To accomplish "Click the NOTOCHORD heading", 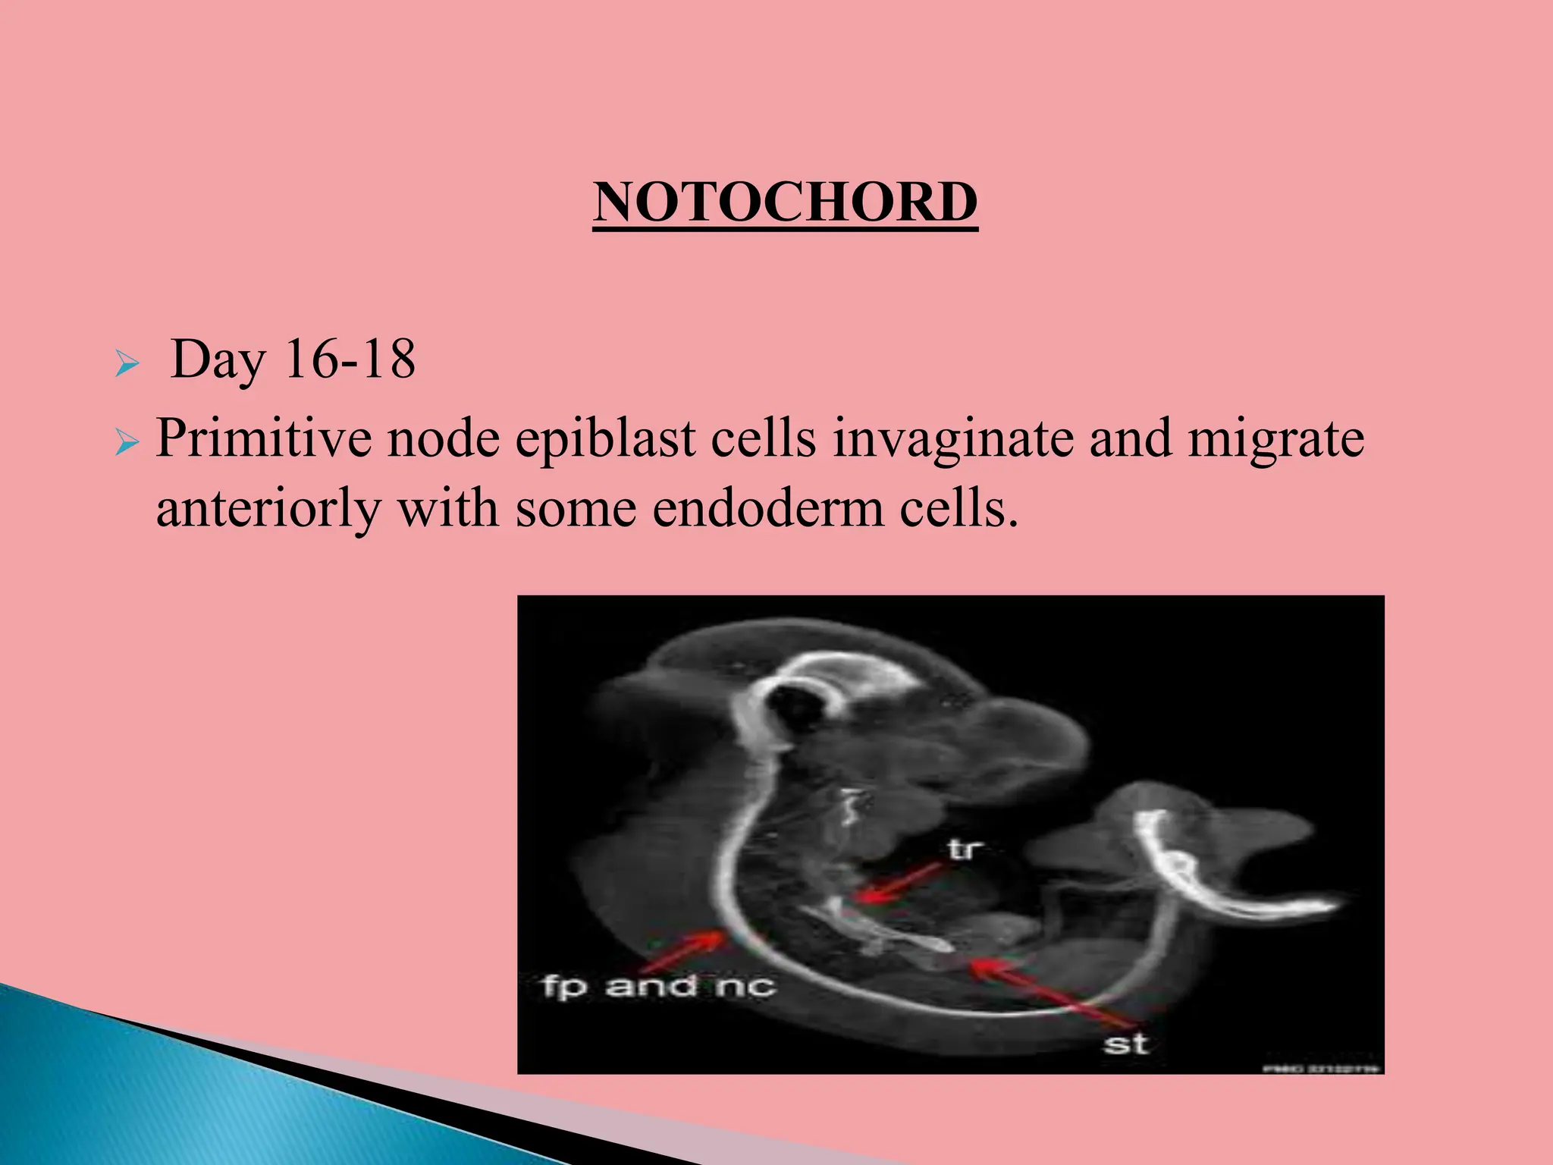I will pos(785,203).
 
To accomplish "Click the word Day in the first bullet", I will pos(218,360).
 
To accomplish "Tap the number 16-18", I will pos(350,360).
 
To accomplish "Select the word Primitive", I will pos(263,440).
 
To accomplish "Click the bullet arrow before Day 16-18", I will pos(127,366).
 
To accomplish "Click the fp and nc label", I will pos(658,986).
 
